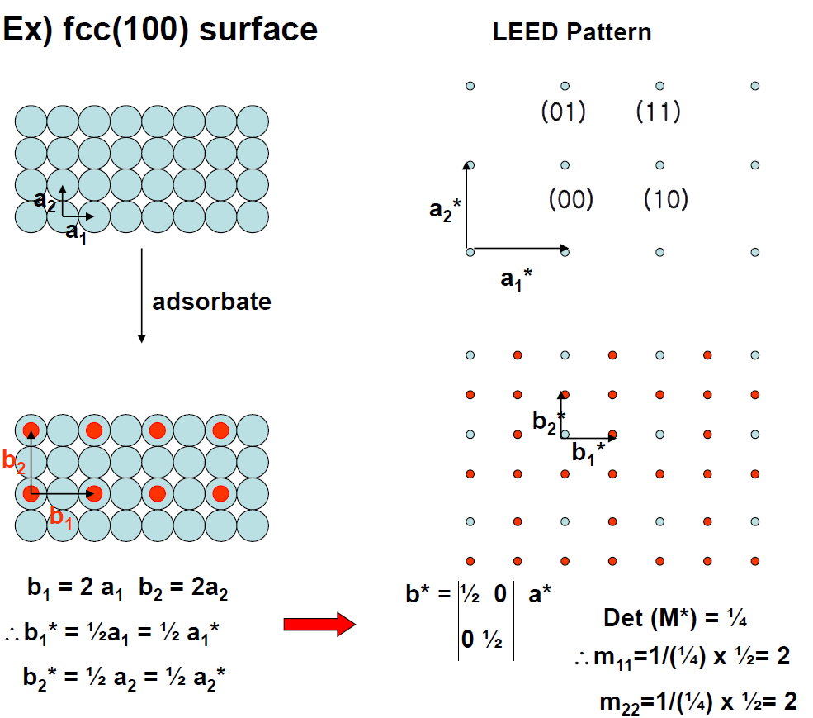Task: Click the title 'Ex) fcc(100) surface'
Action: [x=160, y=30]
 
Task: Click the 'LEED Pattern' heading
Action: [x=571, y=32]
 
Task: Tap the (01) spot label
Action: [x=563, y=111]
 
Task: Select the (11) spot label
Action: [x=658, y=111]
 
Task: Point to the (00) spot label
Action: [x=570, y=198]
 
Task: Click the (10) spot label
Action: [x=665, y=198]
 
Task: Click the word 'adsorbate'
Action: [x=211, y=302]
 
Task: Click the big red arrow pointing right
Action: [x=319, y=624]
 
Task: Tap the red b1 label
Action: [x=61, y=518]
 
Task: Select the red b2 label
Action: [x=14, y=461]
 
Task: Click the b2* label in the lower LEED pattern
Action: [x=549, y=421]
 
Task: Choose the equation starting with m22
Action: [x=697, y=701]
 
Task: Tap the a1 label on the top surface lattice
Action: [x=76, y=232]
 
